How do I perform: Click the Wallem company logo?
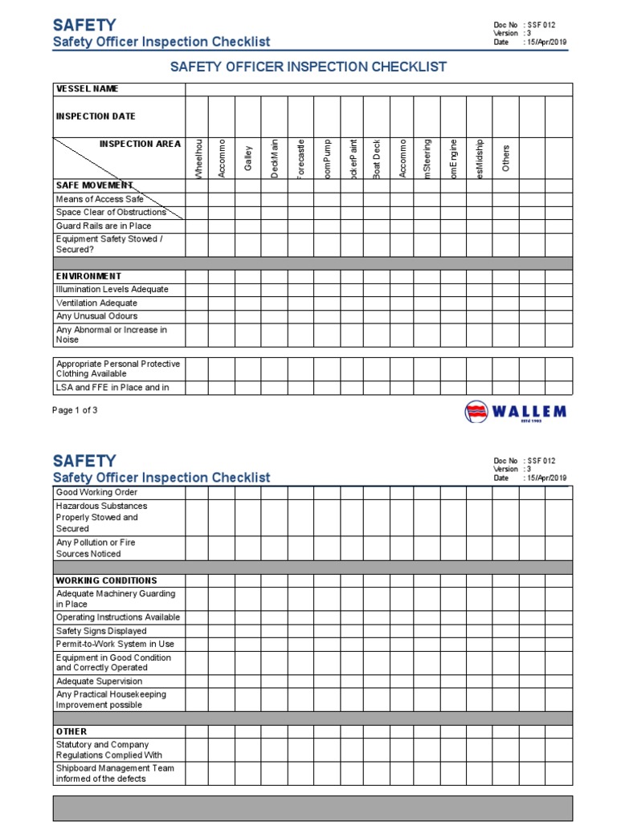click(x=515, y=413)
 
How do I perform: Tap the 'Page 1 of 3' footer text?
click(x=75, y=409)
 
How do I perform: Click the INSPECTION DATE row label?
click(x=95, y=116)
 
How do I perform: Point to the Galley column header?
click(x=248, y=158)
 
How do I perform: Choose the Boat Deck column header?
click(x=377, y=158)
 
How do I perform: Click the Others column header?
click(x=505, y=158)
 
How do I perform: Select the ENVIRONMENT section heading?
click(x=88, y=276)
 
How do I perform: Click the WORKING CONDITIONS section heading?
click(x=106, y=580)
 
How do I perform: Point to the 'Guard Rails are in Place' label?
click(x=103, y=226)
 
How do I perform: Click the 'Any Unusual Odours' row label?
click(x=96, y=316)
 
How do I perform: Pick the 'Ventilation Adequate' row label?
click(x=96, y=303)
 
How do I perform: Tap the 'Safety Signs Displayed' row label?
click(x=101, y=631)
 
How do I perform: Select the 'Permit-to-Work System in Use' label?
click(x=114, y=644)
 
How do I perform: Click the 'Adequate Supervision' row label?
click(x=99, y=681)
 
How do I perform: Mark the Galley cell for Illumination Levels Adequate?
click(x=248, y=290)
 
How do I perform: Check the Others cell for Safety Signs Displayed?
click(x=505, y=631)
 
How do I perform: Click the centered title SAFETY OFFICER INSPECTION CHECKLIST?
click(x=308, y=67)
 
